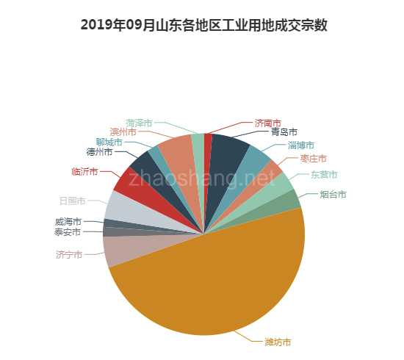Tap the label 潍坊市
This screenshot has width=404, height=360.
coord(278,342)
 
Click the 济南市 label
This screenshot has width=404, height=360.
coord(267,123)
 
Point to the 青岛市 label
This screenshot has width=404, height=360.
coord(284,133)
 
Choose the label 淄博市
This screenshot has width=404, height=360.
coord(300,145)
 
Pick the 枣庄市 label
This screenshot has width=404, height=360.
coord(314,159)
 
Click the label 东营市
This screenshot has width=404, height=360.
coord(324,175)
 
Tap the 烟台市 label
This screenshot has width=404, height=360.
coord(333,195)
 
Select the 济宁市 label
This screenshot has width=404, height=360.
coord(68,255)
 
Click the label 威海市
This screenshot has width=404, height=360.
coord(68,221)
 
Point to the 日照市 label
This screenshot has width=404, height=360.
coord(72,201)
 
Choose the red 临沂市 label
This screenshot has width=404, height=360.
coord(84,172)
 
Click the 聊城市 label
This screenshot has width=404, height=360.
coord(109,142)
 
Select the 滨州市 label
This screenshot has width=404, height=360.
coord(123,132)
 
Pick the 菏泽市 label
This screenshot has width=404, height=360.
coord(139,123)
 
